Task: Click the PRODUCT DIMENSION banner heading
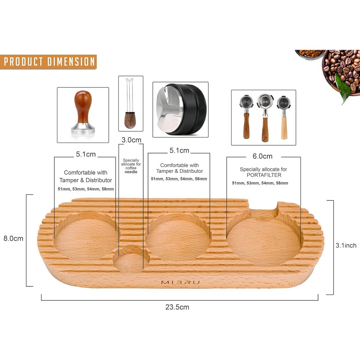pos(49,62)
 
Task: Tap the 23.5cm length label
pos(177,307)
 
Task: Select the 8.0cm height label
pos(13,238)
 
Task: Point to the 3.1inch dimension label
pos(346,246)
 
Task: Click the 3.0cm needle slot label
pos(131,140)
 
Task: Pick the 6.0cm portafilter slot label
pos(262,156)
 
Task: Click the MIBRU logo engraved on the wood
pos(180,282)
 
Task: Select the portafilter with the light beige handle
pos(284,118)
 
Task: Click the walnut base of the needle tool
pos(130,120)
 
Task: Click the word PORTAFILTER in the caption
pos(264,175)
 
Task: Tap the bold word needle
pos(131,172)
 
